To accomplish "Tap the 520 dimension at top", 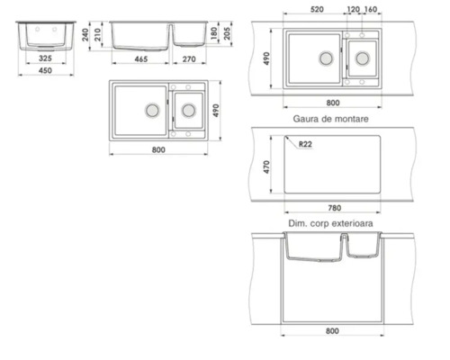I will pyautogui.click(x=316, y=9).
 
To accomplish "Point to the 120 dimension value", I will pyautogui.click(x=352, y=9).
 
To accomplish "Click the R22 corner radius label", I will pyautogui.click(x=305, y=144).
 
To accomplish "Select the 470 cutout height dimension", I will pyautogui.click(x=266, y=168).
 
